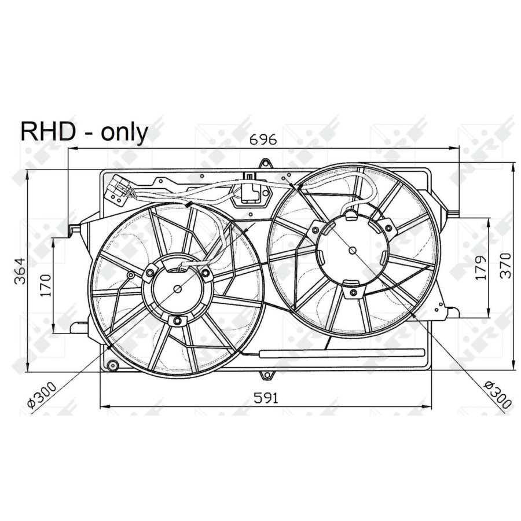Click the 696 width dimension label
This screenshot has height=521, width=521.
coord(263,140)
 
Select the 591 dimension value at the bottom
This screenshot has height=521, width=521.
coord(266,398)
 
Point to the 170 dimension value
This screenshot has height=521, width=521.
coord(46,285)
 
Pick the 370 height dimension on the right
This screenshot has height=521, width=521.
coord(505,266)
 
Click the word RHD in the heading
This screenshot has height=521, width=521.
coord(47,132)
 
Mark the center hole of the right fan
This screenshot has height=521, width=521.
coord(353,250)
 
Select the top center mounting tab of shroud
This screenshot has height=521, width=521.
coord(265,164)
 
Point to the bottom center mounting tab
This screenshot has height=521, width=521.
coord(268,375)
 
